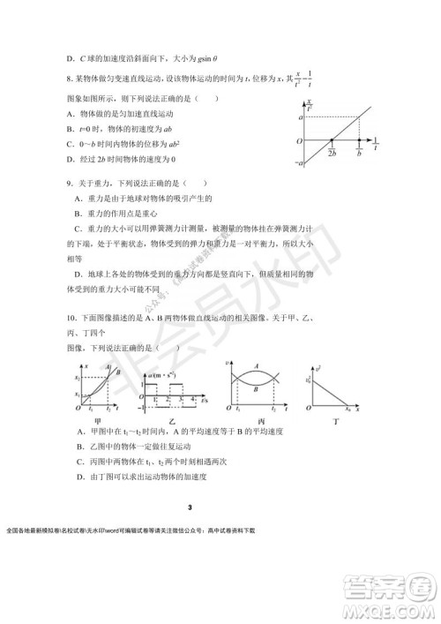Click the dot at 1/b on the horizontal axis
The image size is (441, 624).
click(359, 139)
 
